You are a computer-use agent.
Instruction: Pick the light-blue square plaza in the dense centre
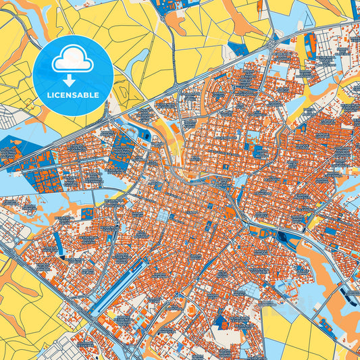click(163, 215)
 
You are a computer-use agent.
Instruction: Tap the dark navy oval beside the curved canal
click(283, 236)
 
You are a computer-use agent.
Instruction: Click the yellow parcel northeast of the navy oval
click(313, 220)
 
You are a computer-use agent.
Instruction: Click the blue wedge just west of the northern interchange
click(238, 49)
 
